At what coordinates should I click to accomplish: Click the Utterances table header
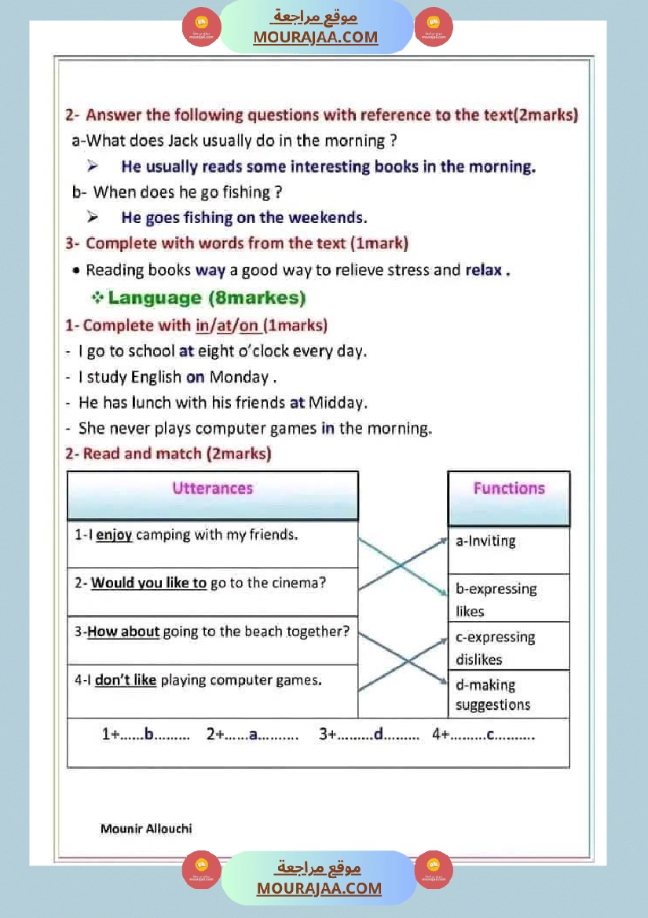click(x=212, y=488)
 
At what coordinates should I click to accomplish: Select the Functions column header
click(x=508, y=488)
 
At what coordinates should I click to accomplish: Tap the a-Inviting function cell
click(x=486, y=541)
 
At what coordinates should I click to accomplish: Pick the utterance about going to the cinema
click(x=208, y=583)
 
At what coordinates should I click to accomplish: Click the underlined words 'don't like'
click(x=126, y=680)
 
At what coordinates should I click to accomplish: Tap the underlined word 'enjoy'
click(x=114, y=535)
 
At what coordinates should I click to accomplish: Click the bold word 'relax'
click(x=484, y=270)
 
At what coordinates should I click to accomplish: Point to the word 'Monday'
click(x=239, y=377)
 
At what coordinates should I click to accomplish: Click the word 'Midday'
click(x=337, y=403)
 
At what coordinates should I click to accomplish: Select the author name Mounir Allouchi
click(x=146, y=828)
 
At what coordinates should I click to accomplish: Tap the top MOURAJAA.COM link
click(x=315, y=37)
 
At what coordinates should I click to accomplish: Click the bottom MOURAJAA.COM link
click(x=319, y=888)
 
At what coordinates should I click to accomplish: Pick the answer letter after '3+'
click(x=378, y=735)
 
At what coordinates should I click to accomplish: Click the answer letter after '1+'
click(x=149, y=735)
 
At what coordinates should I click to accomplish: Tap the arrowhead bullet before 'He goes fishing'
click(x=93, y=218)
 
